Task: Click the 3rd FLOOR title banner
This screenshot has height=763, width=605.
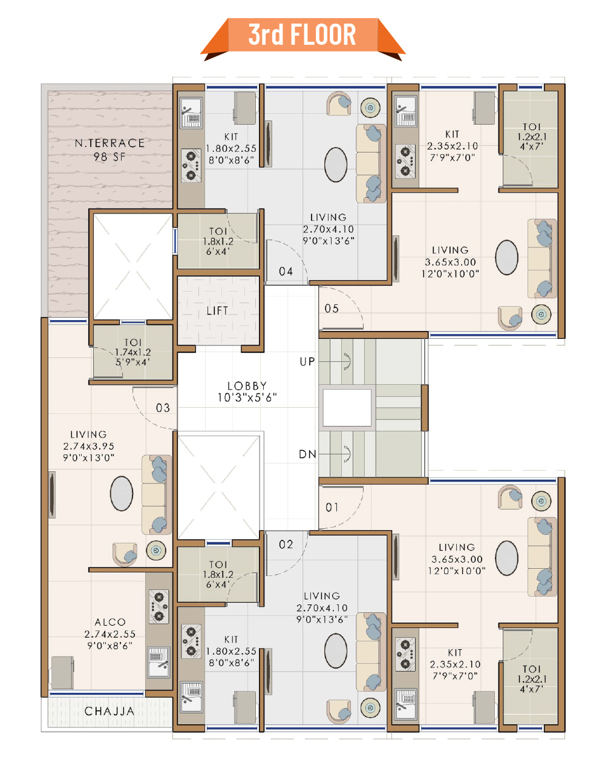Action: click(x=302, y=38)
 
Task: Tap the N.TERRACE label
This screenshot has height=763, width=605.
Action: click(x=110, y=143)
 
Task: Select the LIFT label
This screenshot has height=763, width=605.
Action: click(x=217, y=311)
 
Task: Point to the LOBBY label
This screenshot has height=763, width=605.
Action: click(x=247, y=386)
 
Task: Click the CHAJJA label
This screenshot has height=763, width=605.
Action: click(x=110, y=711)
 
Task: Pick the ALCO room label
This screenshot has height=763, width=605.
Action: click(x=110, y=622)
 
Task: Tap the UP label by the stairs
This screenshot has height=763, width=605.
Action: click(x=307, y=362)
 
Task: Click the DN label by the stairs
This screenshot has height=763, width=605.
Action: click(x=307, y=454)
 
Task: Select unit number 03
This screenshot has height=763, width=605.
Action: click(x=163, y=408)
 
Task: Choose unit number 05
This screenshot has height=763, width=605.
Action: click(x=332, y=309)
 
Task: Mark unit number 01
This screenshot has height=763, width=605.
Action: click(x=332, y=508)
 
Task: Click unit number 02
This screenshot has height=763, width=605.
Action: click(x=286, y=544)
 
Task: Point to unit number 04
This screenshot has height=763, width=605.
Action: click(x=286, y=271)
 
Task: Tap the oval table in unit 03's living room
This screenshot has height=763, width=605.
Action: click(x=122, y=494)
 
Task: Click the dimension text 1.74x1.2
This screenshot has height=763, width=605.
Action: click(x=133, y=352)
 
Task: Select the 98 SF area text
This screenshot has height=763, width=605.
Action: click(x=110, y=156)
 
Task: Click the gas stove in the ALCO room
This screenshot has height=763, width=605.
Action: click(x=159, y=606)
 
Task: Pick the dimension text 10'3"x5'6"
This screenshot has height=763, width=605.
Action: click(x=247, y=398)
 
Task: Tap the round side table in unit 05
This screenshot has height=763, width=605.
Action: click(x=541, y=314)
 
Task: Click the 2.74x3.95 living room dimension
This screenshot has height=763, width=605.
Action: click(x=89, y=446)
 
